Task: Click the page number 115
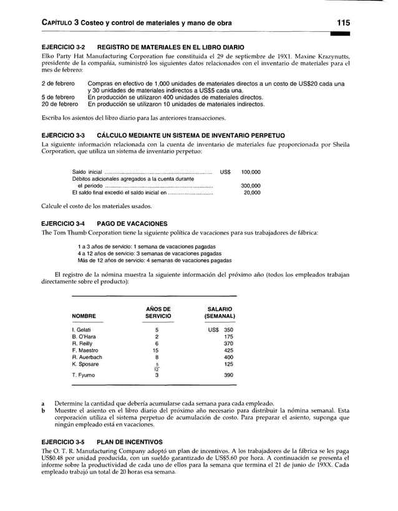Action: point(343,22)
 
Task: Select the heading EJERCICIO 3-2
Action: point(63,47)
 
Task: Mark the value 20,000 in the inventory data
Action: point(252,193)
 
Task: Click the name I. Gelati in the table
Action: point(83,328)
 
